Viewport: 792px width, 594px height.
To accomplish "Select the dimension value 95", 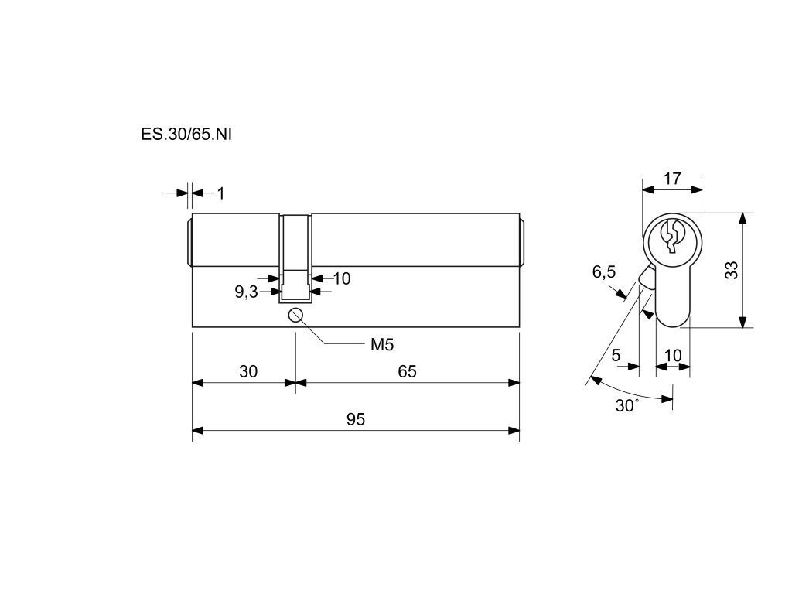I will (x=355, y=419).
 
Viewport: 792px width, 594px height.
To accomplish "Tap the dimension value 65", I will (x=408, y=371).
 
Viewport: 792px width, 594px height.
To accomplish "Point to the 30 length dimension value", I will (x=247, y=371).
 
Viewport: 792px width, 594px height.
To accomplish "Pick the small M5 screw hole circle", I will (x=295, y=315).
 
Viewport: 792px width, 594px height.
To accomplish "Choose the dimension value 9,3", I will (x=246, y=292).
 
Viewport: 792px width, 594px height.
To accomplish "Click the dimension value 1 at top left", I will (x=220, y=193).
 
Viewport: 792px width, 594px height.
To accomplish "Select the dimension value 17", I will (x=672, y=179).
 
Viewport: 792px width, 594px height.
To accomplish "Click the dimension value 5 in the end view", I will (x=616, y=356).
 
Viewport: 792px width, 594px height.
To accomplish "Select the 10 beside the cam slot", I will (x=341, y=278).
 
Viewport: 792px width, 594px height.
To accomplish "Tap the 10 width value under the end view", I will (x=673, y=356).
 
